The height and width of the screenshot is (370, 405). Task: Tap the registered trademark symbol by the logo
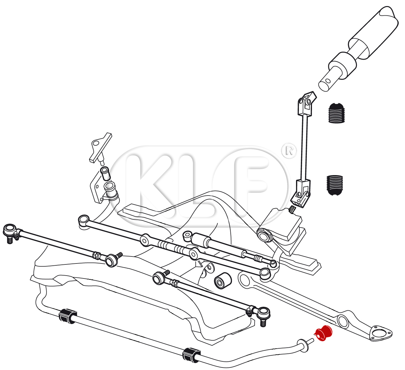pyautogui.click(x=289, y=151)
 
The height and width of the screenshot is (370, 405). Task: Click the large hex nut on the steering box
pyautogui.click(x=265, y=236)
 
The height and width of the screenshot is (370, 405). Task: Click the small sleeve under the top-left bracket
pyautogui.click(x=105, y=173)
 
